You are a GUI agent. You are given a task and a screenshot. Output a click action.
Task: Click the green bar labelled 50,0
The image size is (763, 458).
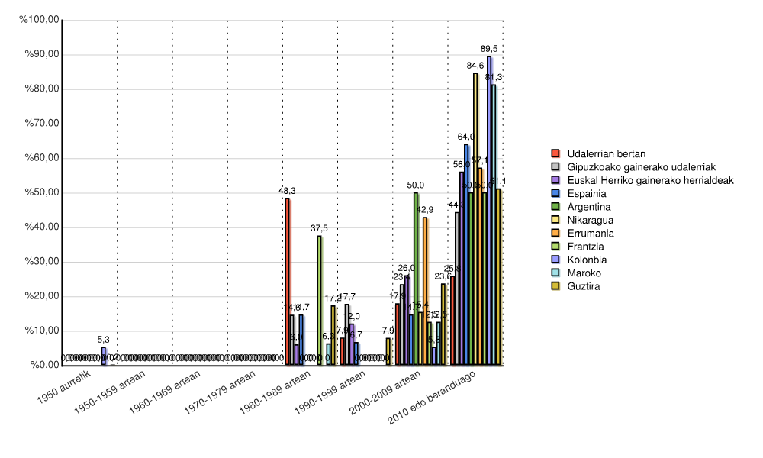(416, 279)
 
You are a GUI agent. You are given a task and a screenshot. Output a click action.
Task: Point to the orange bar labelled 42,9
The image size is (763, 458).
(425, 291)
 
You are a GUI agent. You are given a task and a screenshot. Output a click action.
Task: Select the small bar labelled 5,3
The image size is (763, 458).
(103, 356)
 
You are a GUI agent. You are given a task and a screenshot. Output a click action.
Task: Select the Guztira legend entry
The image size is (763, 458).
(581, 286)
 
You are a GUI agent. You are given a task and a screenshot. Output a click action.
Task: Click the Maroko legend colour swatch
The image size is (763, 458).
(556, 273)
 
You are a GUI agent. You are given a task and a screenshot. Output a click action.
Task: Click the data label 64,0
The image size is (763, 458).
(466, 137)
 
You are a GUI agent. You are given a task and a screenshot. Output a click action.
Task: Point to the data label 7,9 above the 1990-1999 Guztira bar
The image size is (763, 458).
(388, 331)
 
